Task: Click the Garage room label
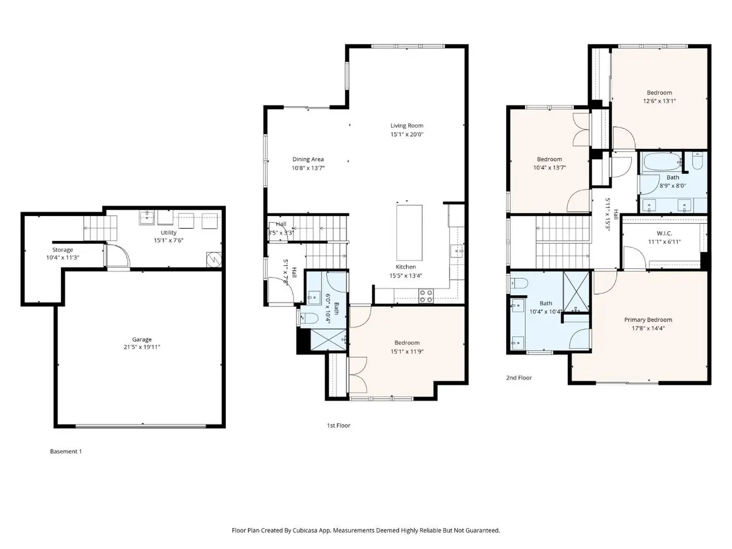142,339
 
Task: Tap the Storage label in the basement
62,250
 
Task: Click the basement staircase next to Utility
95,228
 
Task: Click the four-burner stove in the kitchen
425,296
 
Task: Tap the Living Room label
407,126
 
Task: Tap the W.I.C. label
664,233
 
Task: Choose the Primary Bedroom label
648,320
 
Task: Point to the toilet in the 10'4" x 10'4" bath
518,282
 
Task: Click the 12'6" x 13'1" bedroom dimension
659,101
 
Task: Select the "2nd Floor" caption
519,378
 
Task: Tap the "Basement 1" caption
65,452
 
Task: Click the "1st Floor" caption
339,425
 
